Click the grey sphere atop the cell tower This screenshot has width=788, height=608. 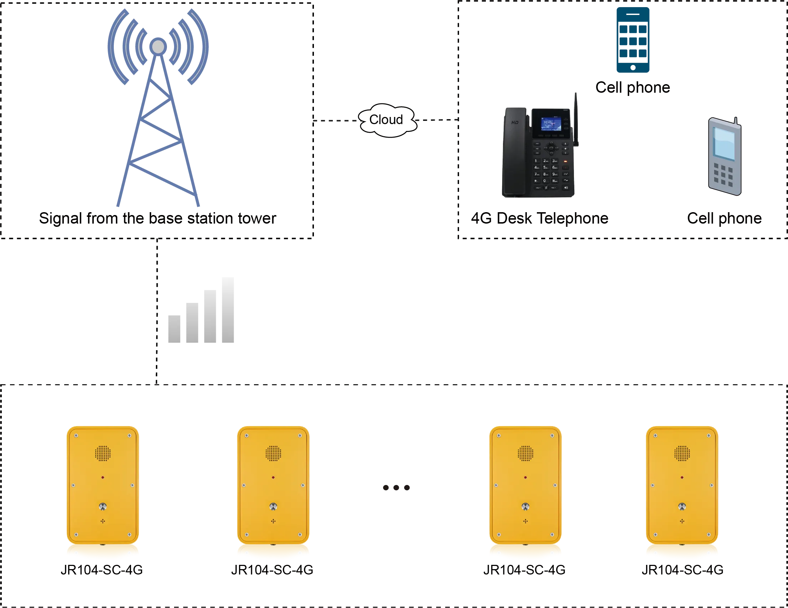point(158,46)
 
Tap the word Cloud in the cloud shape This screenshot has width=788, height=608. point(386,120)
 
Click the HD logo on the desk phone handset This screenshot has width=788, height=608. point(515,123)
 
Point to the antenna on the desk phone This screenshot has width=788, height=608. point(576,119)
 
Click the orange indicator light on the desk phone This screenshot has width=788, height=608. point(565,161)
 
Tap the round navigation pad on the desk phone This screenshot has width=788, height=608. point(551,148)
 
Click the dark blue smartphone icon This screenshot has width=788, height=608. point(633,40)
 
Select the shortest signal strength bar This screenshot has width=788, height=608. point(176,329)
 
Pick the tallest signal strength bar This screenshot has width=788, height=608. point(227,311)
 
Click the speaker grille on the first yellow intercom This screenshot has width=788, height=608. point(103,453)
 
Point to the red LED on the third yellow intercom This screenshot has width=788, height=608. point(525,477)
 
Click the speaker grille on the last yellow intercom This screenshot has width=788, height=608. point(682,453)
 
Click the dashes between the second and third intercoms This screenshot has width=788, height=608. point(396,488)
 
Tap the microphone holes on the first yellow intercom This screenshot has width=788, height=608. point(103,521)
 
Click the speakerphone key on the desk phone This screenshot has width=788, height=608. point(566,188)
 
